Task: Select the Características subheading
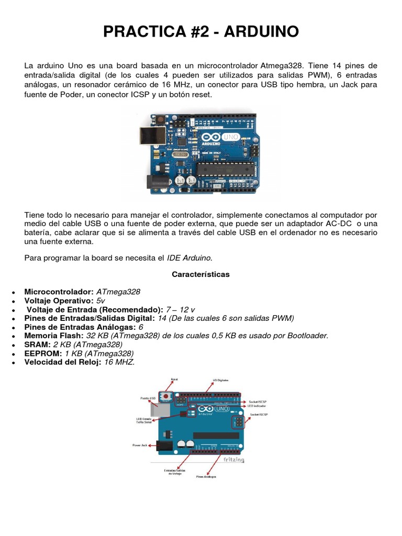pyautogui.click(x=200, y=274)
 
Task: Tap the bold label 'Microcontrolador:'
pyautogui.click(x=59, y=292)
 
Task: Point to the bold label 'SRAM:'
pyautogui.click(x=37, y=344)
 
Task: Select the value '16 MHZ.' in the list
pyautogui.click(x=119, y=362)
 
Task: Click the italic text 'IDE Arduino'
pyautogui.click(x=189, y=258)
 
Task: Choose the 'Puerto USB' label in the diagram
pyautogui.click(x=148, y=398)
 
